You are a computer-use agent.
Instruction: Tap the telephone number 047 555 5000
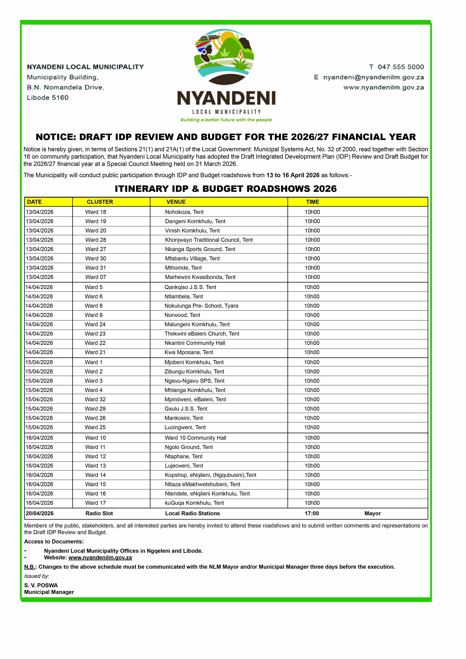pyautogui.click(x=401, y=67)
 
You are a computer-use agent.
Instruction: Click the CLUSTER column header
pyautogui.click(x=100, y=202)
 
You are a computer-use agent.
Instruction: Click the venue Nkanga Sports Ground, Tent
pyautogui.click(x=200, y=249)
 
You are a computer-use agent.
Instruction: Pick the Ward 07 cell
pyautogui.click(x=96, y=277)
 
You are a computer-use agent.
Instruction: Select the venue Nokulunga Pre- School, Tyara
pyautogui.click(x=201, y=306)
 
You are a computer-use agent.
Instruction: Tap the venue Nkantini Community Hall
pyautogui.click(x=195, y=343)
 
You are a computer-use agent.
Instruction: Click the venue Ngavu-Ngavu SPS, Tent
pyautogui.click(x=194, y=381)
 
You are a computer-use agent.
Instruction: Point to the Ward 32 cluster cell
pyautogui.click(x=95, y=399)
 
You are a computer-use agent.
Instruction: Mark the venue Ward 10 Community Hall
pyautogui.click(x=195, y=438)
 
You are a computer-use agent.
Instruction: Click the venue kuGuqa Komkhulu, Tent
pyautogui.click(x=194, y=503)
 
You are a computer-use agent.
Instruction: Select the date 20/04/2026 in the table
pyautogui.click(x=40, y=514)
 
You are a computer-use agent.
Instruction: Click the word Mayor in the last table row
pyautogui.click(x=372, y=514)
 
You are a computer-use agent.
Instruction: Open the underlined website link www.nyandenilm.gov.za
pyautogui.click(x=100, y=558)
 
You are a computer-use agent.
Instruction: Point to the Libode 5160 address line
pyautogui.click(x=48, y=98)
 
